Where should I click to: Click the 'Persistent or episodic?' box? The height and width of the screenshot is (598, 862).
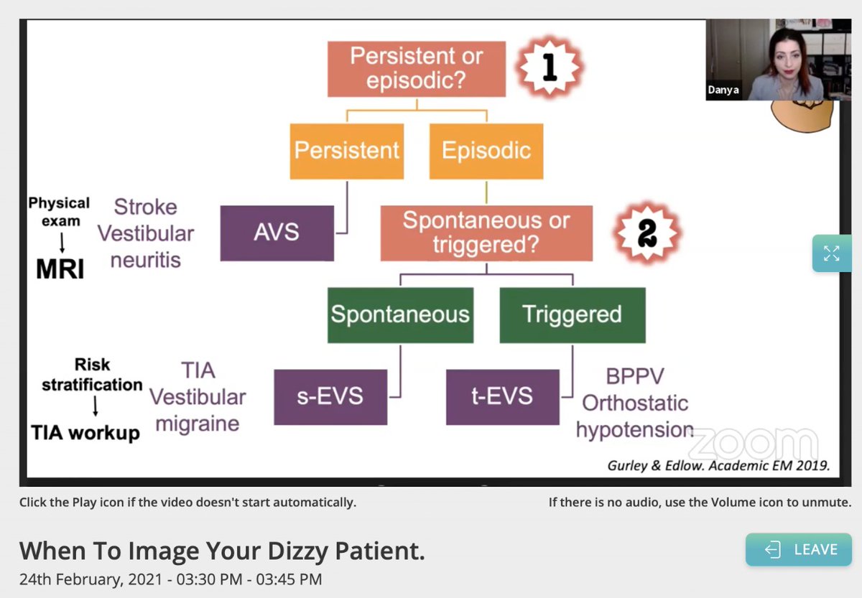point(416,69)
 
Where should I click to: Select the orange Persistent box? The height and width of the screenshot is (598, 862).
point(347,151)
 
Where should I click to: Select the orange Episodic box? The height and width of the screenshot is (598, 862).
point(486,151)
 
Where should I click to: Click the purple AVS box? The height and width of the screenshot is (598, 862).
point(277,233)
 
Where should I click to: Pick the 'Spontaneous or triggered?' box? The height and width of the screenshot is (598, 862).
point(486,233)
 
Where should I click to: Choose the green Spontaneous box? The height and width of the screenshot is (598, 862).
point(400,314)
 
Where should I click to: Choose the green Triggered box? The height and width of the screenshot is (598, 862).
point(572,314)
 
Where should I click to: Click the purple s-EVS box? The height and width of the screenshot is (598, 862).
point(330,396)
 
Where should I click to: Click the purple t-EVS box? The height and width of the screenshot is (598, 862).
point(502,396)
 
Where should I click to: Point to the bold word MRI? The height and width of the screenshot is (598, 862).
point(60,269)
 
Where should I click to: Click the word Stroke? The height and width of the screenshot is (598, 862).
point(145,207)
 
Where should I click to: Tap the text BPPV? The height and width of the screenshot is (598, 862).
point(634,376)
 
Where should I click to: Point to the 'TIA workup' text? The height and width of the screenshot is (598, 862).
point(85,432)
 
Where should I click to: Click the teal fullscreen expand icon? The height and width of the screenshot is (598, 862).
point(831,253)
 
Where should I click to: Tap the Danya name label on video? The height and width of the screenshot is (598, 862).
point(723,90)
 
